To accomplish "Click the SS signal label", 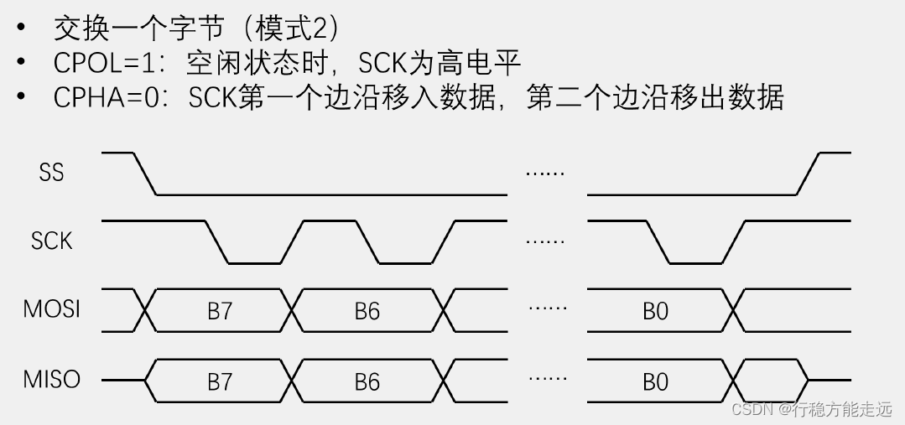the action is [51, 173].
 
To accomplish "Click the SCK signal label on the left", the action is [51, 241].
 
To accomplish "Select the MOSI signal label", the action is [51, 309].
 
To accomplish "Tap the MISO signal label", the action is [51, 380].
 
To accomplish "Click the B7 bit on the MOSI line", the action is [219, 311].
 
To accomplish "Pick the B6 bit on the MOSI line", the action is [367, 311].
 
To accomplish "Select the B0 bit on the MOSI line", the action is [655, 311].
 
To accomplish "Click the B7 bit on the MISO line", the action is [219, 382].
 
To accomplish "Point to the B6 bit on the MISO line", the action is [367, 382].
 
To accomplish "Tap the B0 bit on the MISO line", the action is [655, 382].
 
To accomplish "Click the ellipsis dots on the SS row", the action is [545, 173].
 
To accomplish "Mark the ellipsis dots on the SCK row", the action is [545, 241].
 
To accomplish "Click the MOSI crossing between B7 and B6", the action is [294, 311].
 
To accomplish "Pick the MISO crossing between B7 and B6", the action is [294, 381].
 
